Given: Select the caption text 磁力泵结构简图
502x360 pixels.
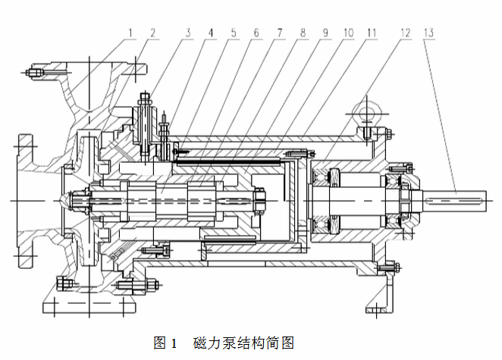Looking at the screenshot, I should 243,343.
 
